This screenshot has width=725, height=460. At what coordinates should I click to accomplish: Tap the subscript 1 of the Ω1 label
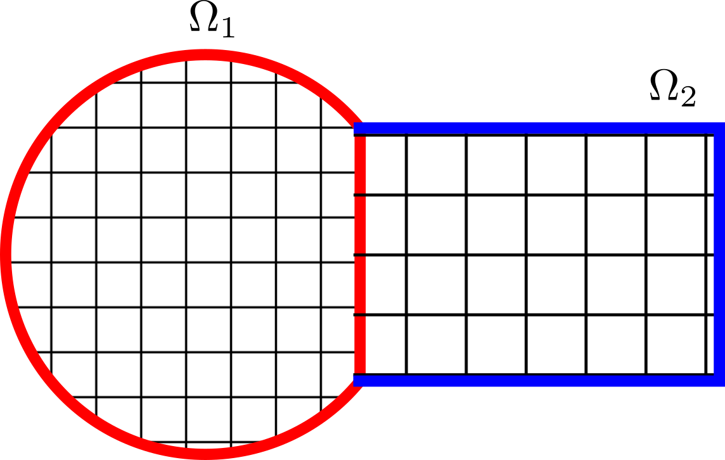point(227,29)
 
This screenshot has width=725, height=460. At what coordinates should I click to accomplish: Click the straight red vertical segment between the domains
point(360,253)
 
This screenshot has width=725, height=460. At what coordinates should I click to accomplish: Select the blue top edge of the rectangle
point(539,129)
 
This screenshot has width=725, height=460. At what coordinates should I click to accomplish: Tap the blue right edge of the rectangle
point(719,253)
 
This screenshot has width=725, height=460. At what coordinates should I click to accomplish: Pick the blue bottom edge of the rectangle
point(539,380)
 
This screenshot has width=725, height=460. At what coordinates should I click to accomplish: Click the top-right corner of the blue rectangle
point(719,129)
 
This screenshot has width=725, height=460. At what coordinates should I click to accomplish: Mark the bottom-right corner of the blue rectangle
point(719,380)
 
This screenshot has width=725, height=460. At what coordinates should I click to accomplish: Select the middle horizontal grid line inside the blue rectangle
point(539,255)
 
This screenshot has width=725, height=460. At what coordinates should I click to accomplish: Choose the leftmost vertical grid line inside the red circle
point(51,253)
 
